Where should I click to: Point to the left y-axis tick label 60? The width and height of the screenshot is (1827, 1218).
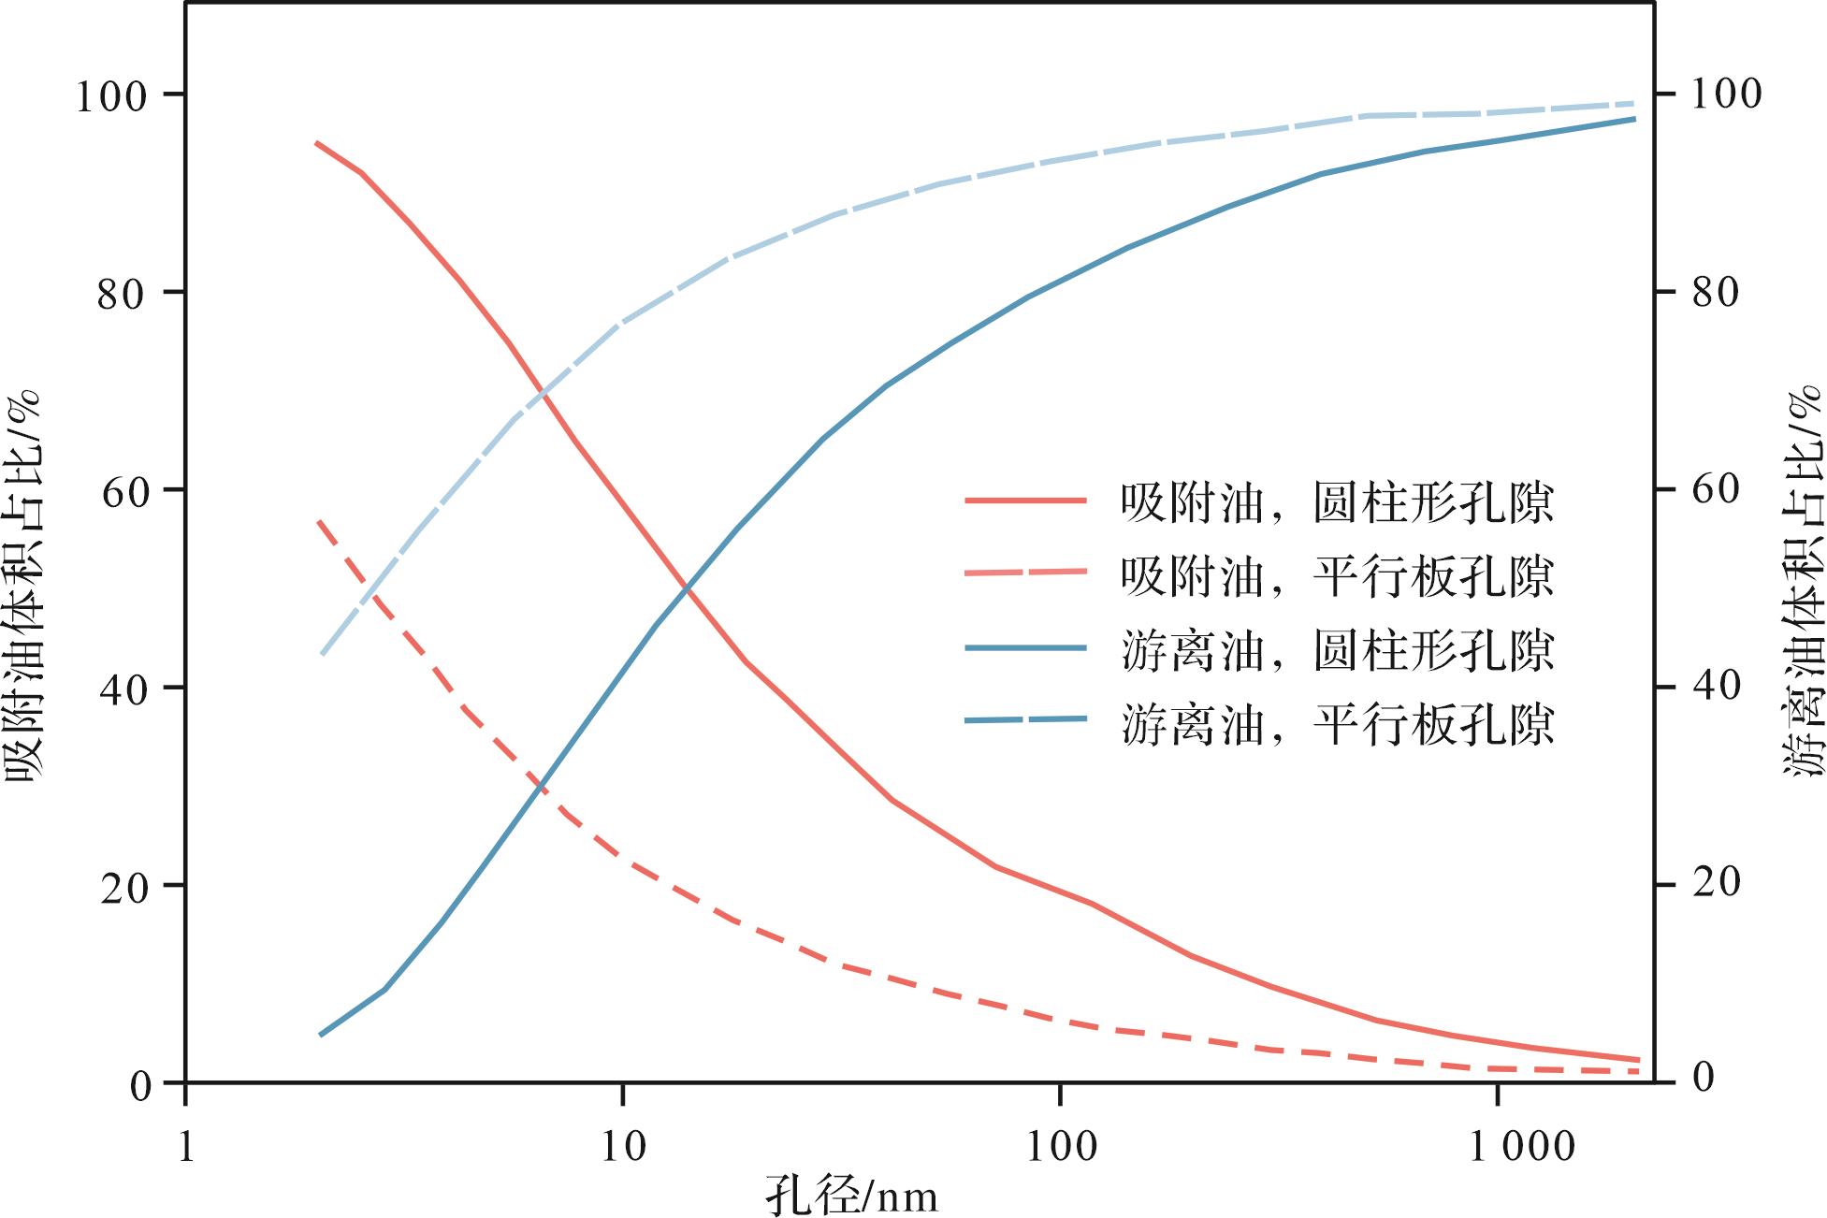tap(125, 492)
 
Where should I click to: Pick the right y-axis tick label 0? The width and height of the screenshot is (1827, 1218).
tap(1704, 1078)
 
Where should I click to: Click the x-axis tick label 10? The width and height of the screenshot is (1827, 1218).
tap(623, 1146)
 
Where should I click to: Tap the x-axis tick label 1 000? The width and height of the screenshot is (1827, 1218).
tap(1522, 1146)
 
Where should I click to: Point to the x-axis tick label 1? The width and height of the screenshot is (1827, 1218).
tap(186, 1146)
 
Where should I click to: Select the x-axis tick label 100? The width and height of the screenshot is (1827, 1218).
tap(1061, 1146)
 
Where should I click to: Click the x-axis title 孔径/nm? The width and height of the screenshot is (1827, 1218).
tap(851, 1195)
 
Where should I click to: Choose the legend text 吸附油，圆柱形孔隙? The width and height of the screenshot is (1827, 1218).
tap(1337, 502)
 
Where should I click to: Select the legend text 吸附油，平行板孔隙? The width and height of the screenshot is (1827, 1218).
tap(1337, 574)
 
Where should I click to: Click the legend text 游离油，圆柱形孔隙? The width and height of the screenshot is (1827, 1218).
tap(1337, 649)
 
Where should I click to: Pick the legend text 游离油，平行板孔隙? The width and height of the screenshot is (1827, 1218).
tap(1337, 723)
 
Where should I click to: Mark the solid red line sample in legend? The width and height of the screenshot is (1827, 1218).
tap(1025, 501)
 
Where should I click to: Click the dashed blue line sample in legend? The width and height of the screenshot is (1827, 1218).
tap(1025, 719)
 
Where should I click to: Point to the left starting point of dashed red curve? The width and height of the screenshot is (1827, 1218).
tap(320, 521)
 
